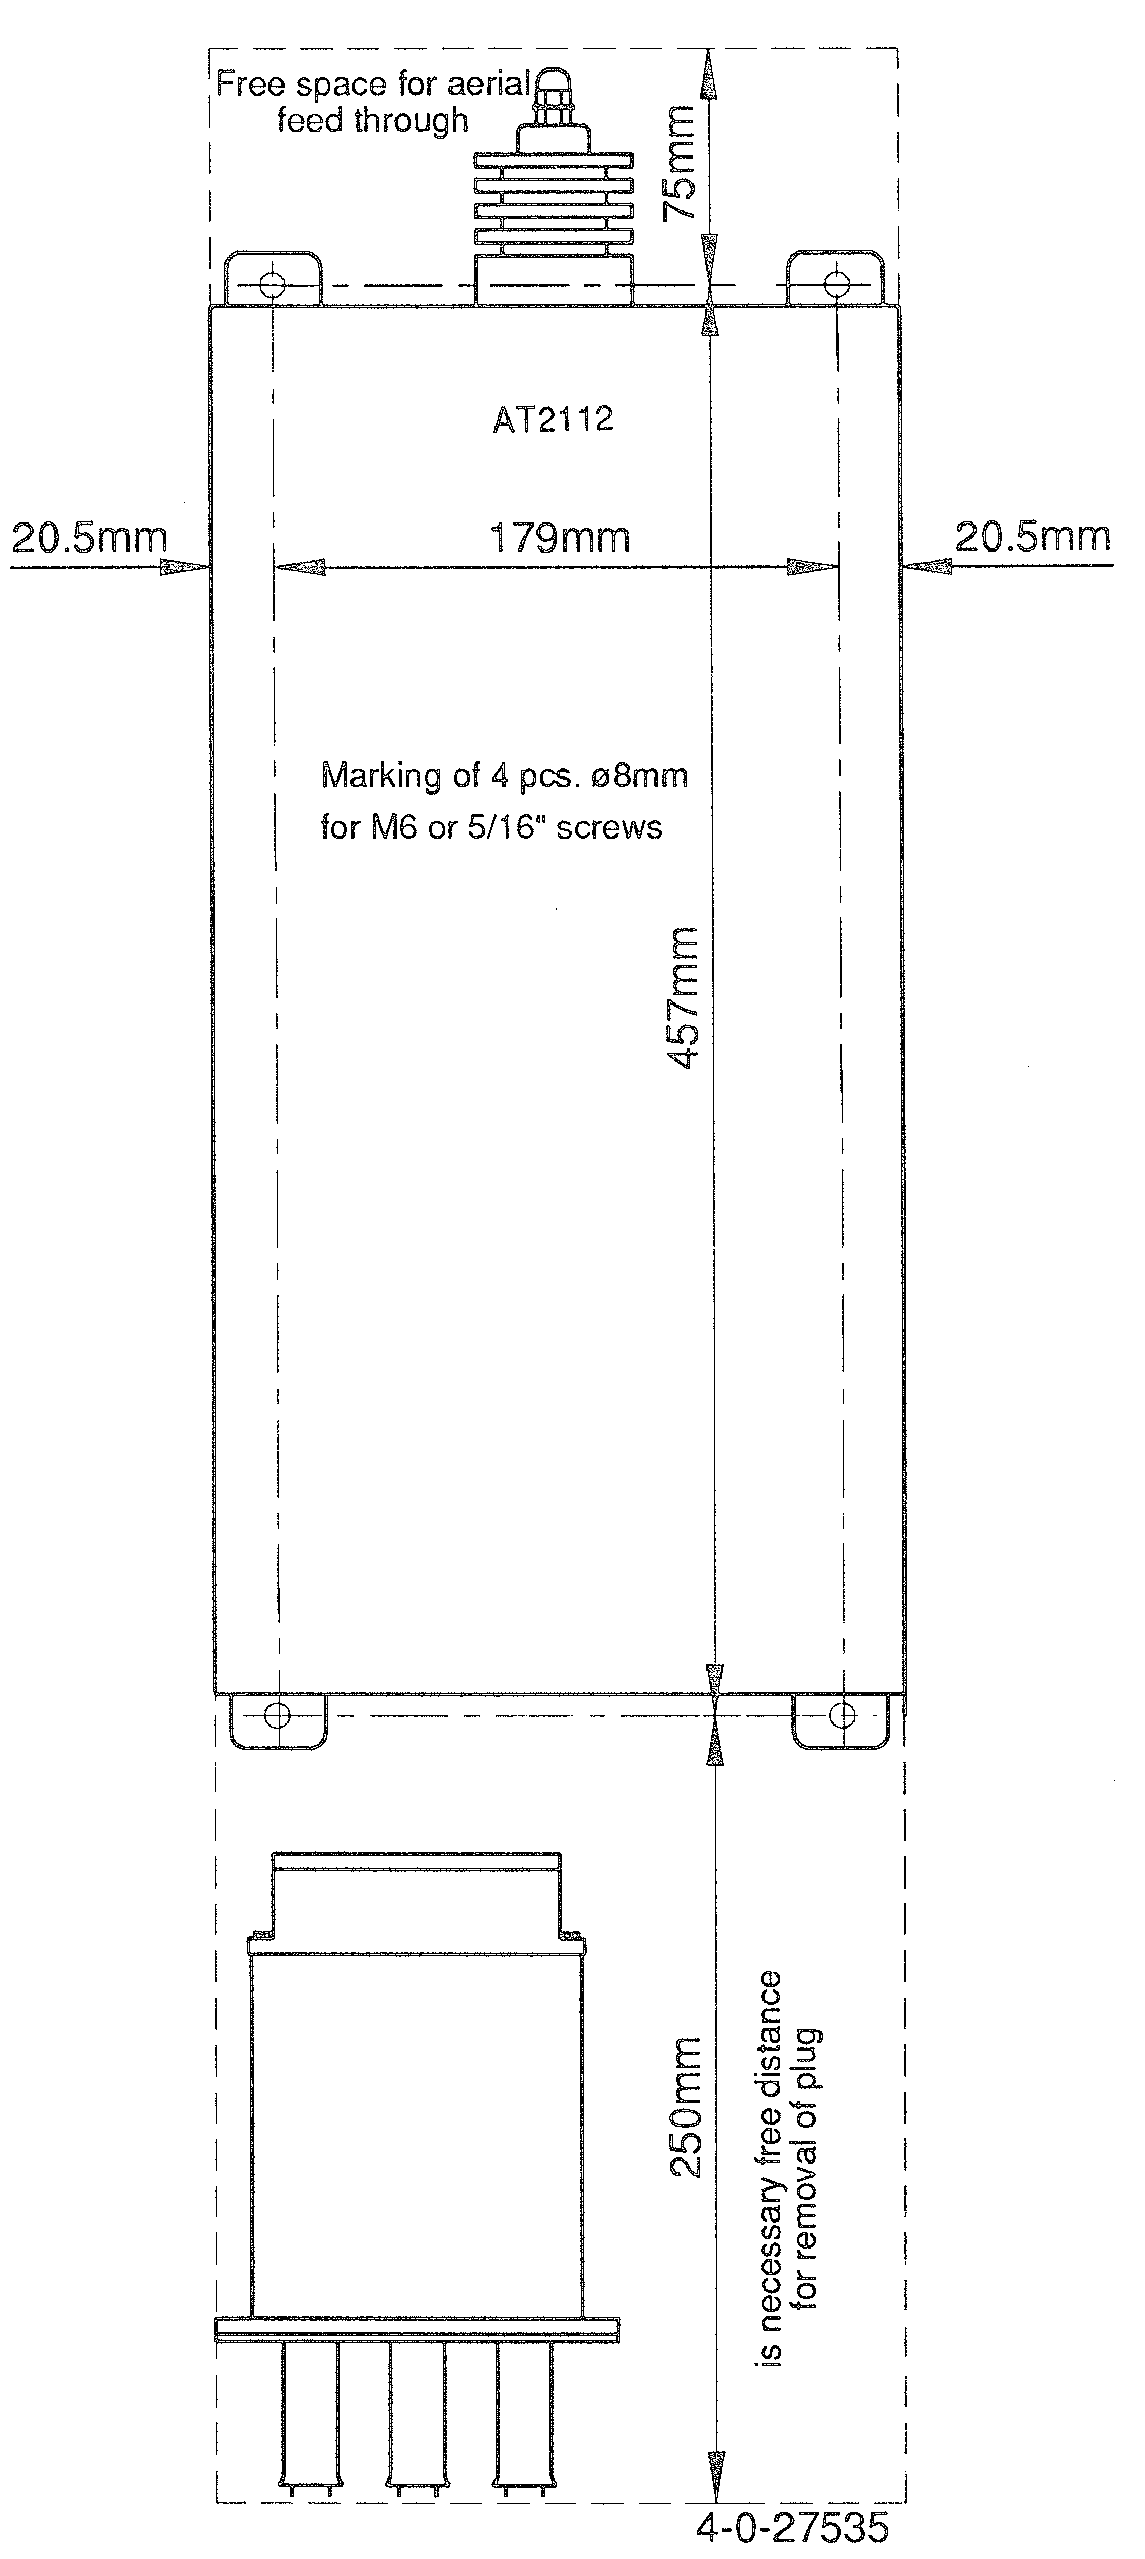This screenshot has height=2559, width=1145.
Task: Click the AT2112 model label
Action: [x=553, y=419]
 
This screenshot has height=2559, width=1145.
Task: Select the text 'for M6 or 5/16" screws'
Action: [x=491, y=827]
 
